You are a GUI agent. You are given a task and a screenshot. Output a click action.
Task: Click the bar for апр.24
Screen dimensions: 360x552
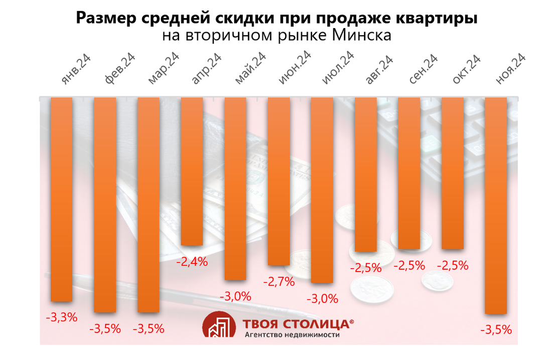[x=192, y=171]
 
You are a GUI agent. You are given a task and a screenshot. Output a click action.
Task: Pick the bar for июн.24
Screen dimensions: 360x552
[x=279, y=181]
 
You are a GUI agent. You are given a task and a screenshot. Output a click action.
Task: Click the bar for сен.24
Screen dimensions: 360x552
[x=409, y=173]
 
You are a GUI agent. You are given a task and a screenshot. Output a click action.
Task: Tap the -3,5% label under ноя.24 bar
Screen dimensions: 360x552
[x=496, y=330]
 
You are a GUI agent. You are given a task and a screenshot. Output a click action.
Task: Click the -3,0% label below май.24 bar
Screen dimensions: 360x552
[x=235, y=296]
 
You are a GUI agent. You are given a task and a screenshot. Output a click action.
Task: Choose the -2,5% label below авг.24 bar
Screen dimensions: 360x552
[x=365, y=268]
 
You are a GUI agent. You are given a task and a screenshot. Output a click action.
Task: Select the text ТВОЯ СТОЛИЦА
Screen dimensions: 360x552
[x=295, y=323]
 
